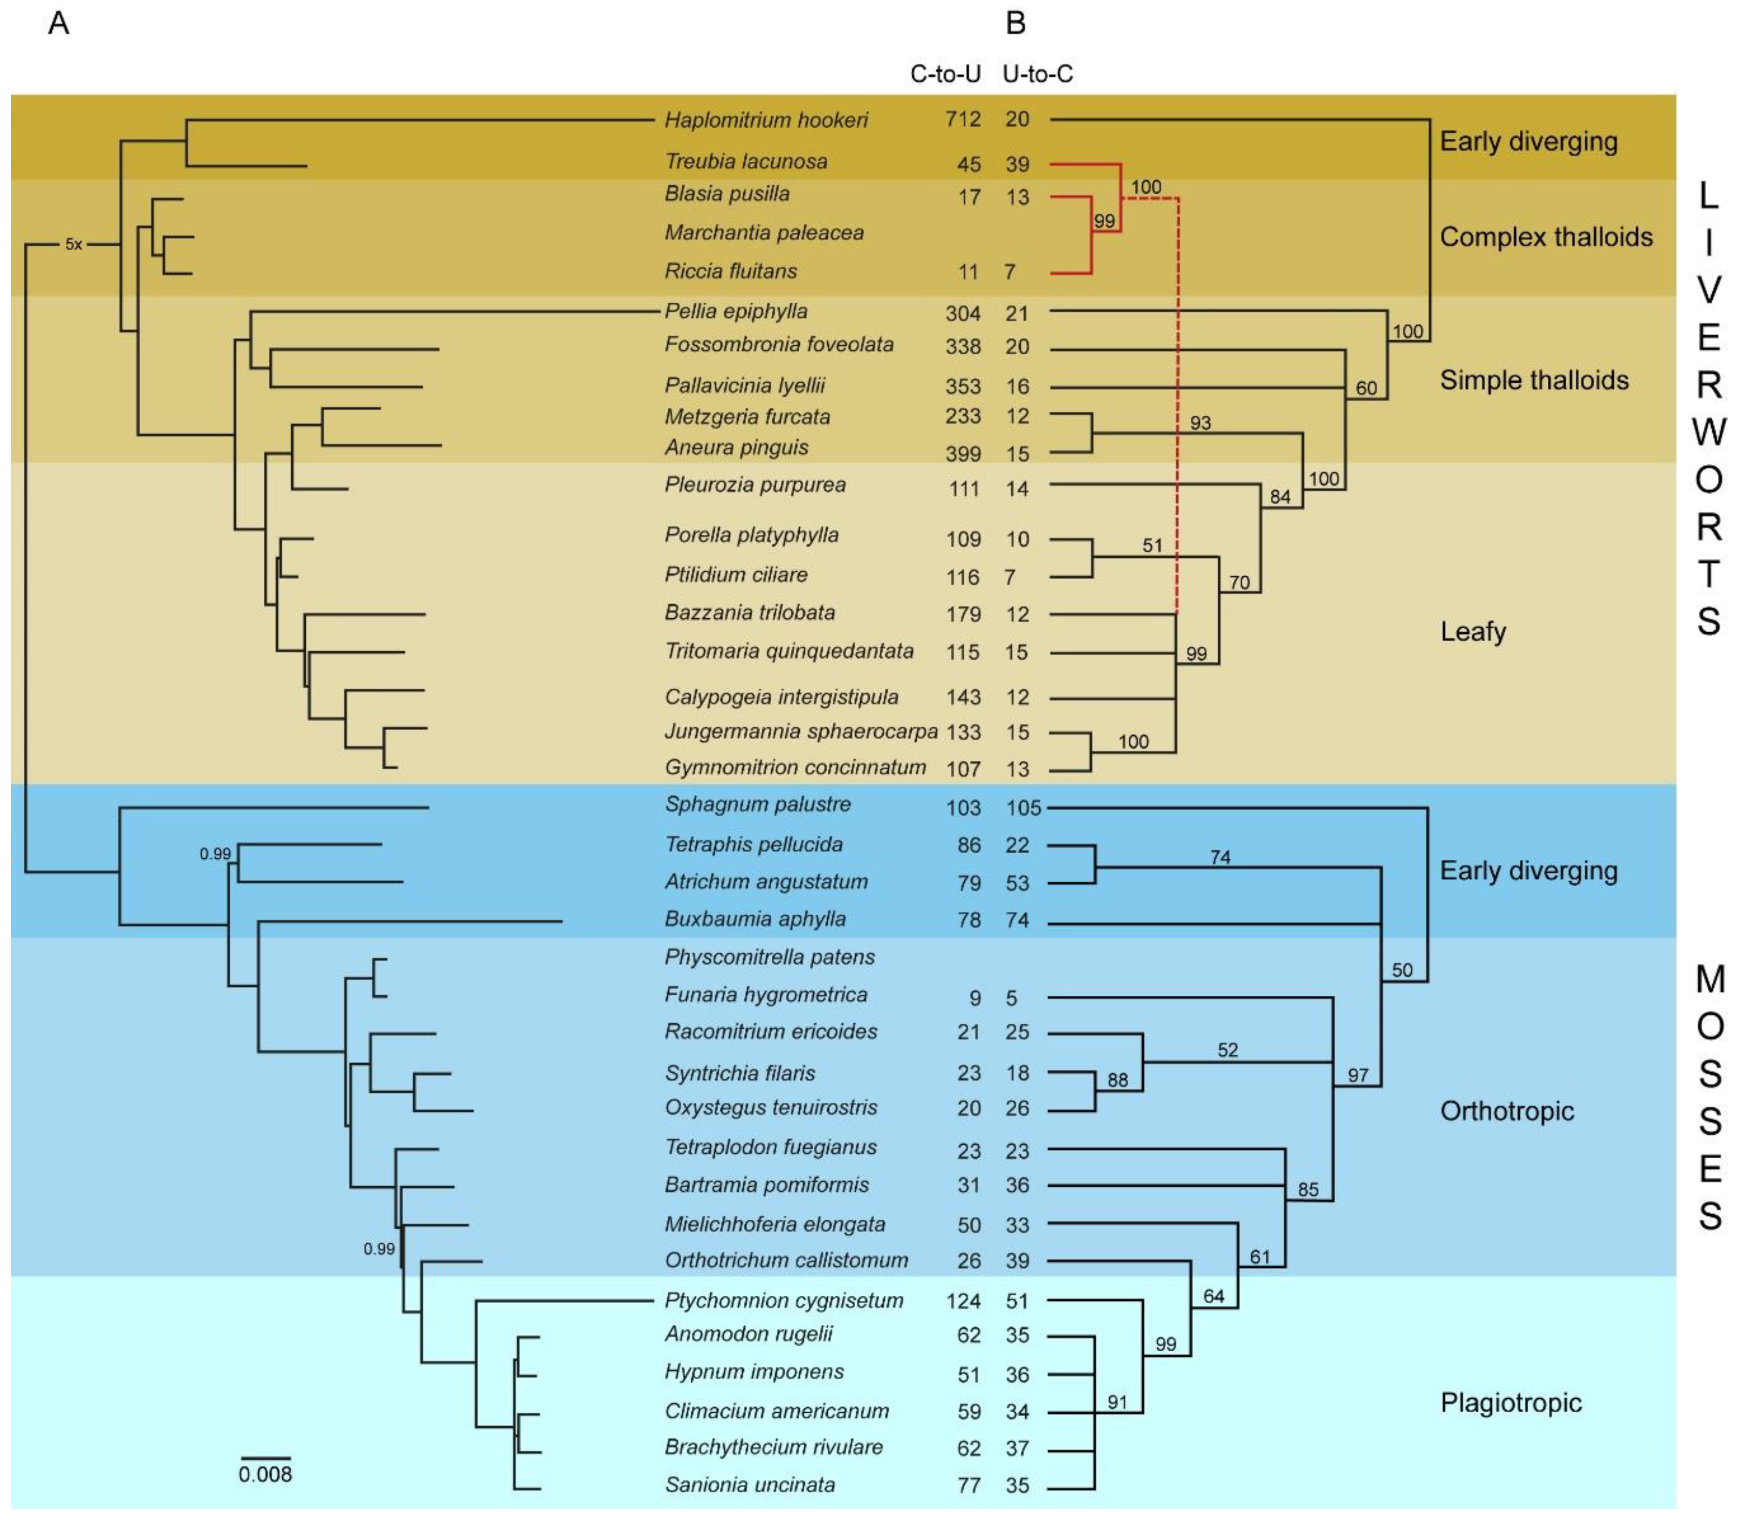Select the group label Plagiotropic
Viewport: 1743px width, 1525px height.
pos(1510,1402)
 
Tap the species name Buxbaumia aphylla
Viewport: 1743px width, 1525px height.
pos(755,919)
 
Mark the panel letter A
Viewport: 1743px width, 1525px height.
pos(58,23)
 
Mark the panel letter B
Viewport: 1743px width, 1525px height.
pos(1016,23)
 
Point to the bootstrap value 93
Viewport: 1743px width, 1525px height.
pos(1200,423)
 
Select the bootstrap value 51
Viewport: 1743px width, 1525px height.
pos(1152,546)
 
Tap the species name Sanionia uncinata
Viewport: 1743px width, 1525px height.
pos(750,1485)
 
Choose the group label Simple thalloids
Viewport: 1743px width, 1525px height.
pos(1534,380)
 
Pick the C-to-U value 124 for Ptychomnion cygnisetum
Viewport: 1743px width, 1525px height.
pos(963,1301)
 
